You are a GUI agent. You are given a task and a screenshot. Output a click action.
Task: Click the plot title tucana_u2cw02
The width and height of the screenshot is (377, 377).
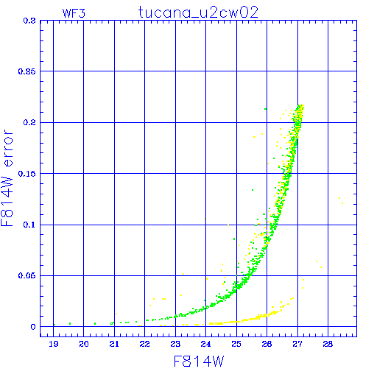(198, 13)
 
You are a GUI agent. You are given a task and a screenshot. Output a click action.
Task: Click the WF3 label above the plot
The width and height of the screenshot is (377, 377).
(74, 13)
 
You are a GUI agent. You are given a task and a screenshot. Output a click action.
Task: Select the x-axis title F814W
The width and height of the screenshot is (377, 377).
(199, 362)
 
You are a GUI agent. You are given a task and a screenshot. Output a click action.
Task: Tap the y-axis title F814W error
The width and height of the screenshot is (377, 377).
(7, 178)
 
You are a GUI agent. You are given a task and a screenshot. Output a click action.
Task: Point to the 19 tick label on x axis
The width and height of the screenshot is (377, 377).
(54, 344)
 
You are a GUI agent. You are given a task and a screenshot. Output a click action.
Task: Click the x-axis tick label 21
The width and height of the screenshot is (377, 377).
(114, 344)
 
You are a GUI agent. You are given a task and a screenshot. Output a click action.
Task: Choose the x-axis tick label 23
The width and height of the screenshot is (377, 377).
(175, 344)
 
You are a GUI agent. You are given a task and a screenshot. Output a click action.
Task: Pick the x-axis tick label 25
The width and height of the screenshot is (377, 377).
(236, 344)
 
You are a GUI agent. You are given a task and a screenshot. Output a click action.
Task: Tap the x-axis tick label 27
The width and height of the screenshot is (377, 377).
(297, 344)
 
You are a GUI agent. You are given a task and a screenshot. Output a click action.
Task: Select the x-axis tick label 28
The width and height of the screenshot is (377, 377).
(328, 344)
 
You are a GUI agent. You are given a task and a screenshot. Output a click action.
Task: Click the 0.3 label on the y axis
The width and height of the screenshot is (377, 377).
(29, 21)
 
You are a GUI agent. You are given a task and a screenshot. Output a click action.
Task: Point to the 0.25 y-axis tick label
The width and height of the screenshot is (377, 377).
(27, 71)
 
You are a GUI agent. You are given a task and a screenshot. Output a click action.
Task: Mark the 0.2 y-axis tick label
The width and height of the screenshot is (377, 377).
(29, 122)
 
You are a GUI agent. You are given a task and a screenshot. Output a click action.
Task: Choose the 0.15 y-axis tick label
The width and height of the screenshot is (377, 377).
(27, 174)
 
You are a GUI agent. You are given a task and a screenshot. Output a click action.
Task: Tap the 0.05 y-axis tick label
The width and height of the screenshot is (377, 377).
(27, 275)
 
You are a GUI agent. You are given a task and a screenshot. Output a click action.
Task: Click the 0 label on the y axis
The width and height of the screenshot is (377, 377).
(33, 327)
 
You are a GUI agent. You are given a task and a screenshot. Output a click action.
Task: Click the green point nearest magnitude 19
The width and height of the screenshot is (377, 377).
(54, 325)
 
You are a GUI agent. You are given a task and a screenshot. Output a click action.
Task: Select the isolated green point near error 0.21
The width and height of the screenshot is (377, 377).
(265, 109)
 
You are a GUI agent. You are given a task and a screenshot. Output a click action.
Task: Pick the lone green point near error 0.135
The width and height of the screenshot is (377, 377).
(253, 190)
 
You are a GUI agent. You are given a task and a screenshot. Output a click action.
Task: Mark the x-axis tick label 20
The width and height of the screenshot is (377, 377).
(84, 344)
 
